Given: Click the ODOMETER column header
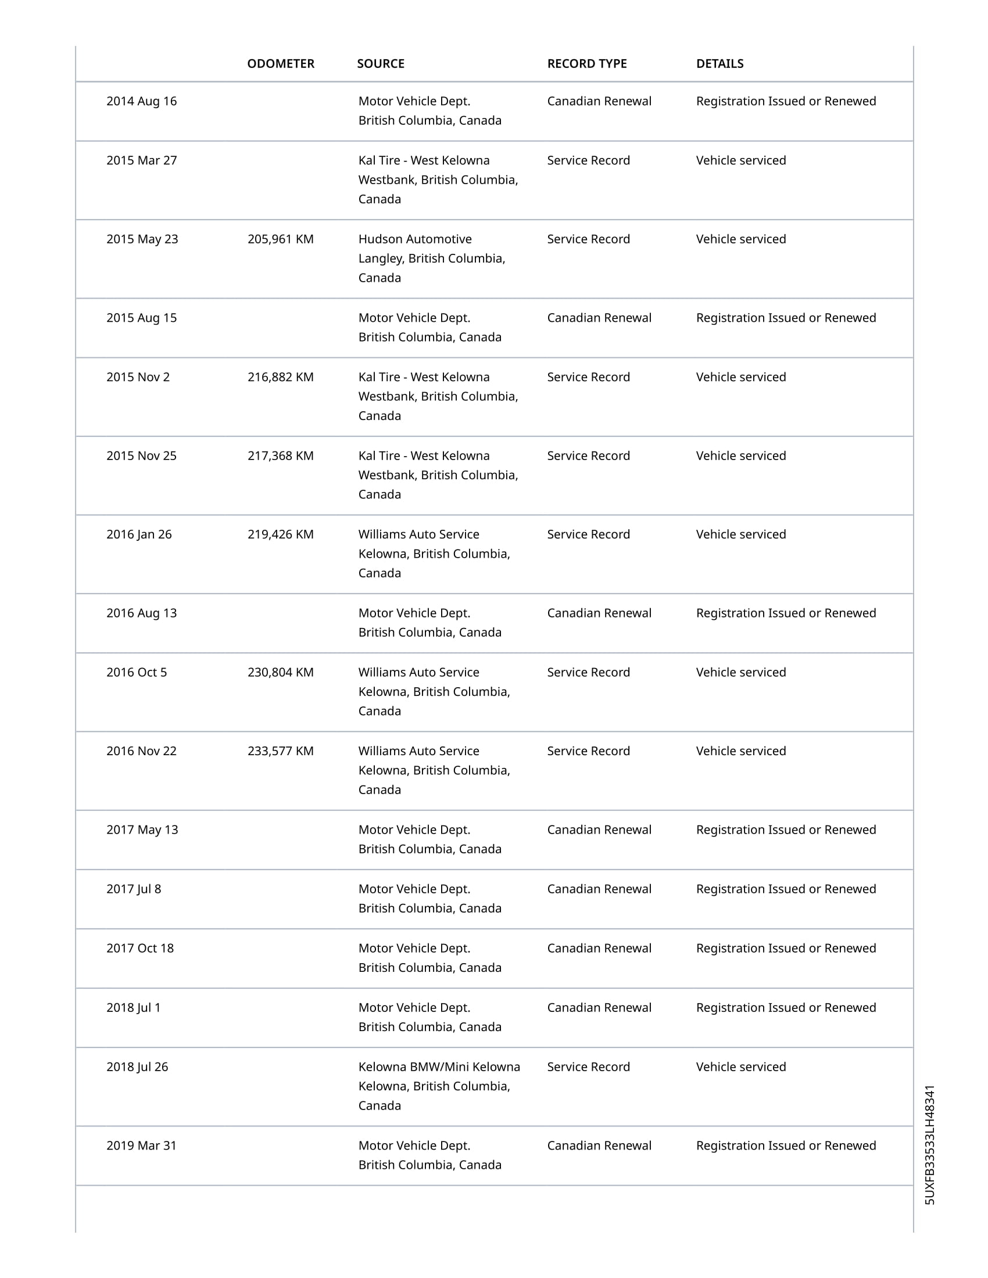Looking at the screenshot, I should pyautogui.click(x=280, y=64).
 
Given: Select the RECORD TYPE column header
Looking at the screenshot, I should pyautogui.click(x=586, y=64).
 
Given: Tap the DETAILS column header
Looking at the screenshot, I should pyautogui.click(x=719, y=64).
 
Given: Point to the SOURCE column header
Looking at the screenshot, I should pyautogui.click(x=381, y=64).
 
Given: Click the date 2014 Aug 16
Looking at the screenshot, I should pyautogui.click(x=141, y=101).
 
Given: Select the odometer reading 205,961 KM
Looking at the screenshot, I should pyautogui.click(x=280, y=239).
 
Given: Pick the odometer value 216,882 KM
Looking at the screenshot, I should pyautogui.click(x=280, y=378).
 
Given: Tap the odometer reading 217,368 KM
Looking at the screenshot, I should pyautogui.click(x=280, y=456).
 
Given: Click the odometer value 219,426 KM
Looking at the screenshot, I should pyautogui.click(x=280, y=535).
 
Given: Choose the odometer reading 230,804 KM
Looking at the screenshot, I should pyautogui.click(x=280, y=672).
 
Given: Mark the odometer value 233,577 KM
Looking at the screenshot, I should pyautogui.click(x=280, y=751).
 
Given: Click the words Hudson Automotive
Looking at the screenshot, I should pyautogui.click(x=414, y=239).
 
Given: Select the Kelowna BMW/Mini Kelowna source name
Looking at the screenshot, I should pyautogui.click(x=439, y=1067).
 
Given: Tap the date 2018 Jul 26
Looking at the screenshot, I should pyautogui.click(x=137, y=1067).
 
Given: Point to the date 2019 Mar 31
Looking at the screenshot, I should pyautogui.click(x=141, y=1146).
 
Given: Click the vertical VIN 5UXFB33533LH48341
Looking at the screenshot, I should pyautogui.click(x=929, y=1144).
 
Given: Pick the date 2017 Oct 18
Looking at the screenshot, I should pyautogui.click(x=140, y=949).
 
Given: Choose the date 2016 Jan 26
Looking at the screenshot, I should pyautogui.click(x=139, y=535).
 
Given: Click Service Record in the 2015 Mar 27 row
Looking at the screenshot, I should pyautogui.click(x=588, y=161).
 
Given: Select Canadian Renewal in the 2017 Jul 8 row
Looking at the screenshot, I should pyautogui.click(x=599, y=889).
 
